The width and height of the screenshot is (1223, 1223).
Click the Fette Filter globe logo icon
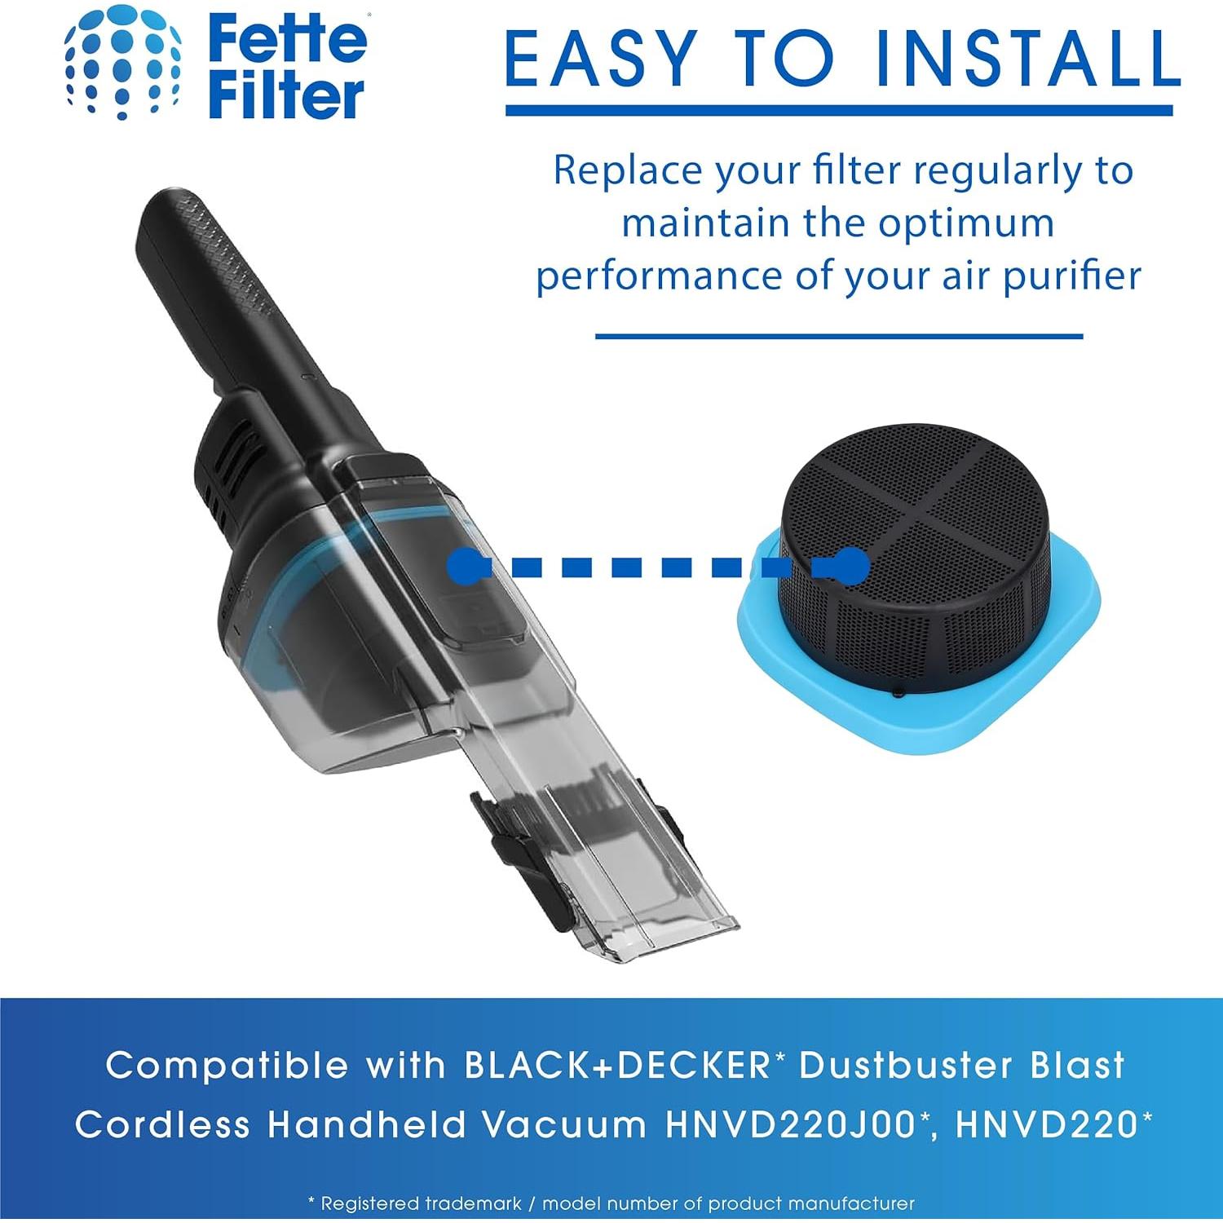122,64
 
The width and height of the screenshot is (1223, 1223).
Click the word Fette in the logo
288,38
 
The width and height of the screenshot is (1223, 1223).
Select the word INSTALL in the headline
1027,59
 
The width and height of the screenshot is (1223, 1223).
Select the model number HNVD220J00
791,1126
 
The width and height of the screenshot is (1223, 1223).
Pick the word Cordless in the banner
162,1126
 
